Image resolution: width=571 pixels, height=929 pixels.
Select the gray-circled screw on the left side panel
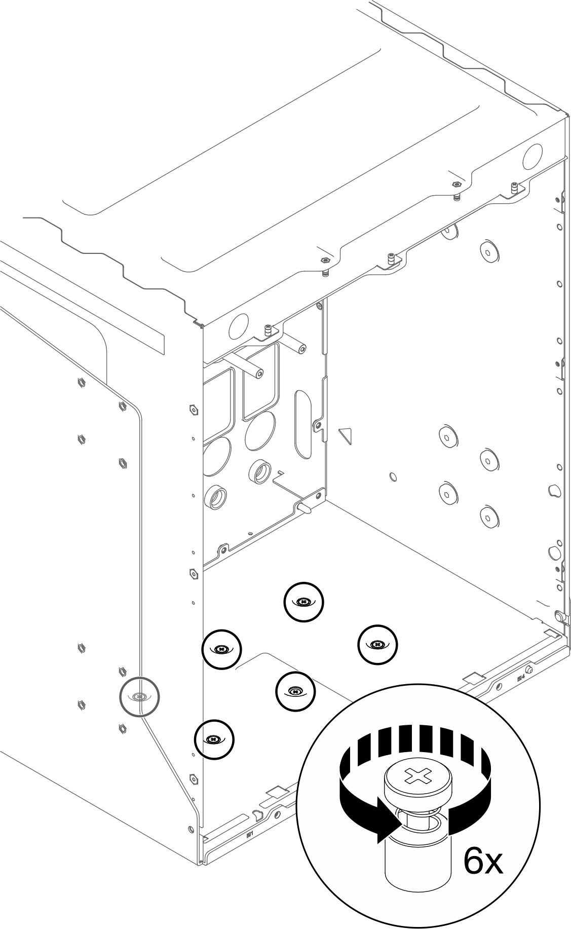pyautogui.click(x=139, y=697)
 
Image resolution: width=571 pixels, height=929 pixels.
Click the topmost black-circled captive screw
pyautogui.click(x=303, y=602)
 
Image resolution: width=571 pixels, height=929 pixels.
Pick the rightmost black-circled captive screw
pyautogui.click(x=377, y=644)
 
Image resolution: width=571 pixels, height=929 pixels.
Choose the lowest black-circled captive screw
pyautogui.click(x=214, y=739)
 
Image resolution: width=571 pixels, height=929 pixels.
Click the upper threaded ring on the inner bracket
pyautogui.click(x=260, y=471)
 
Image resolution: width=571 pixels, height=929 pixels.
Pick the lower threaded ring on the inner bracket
pyautogui.click(x=216, y=497)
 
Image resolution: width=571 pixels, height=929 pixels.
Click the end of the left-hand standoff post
pyautogui.click(x=259, y=374)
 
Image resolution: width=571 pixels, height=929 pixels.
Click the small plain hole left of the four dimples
pyautogui.click(x=393, y=476)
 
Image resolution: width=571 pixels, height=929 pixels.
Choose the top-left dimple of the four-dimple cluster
pyautogui.click(x=446, y=434)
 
